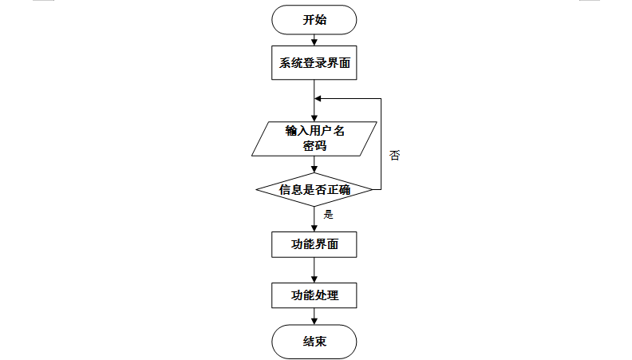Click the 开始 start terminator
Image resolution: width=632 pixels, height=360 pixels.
pos(314,21)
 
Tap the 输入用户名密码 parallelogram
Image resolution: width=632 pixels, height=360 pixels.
pos(314,138)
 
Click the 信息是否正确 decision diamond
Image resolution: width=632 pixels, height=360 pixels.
pos(314,189)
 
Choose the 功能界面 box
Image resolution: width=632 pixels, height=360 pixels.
pos(314,244)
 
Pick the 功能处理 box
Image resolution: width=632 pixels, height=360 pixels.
pos(314,295)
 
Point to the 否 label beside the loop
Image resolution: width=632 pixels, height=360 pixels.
pos(394,155)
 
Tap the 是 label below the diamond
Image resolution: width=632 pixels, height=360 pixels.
pos(328,214)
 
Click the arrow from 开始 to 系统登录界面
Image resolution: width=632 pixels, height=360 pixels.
pos(314,40)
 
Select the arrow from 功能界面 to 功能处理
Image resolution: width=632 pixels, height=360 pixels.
pos(314,270)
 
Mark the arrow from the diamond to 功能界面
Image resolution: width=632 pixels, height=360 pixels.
pos(314,219)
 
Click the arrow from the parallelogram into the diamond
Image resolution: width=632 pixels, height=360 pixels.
pos(314,164)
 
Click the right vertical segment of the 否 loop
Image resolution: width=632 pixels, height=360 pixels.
pos(381,144)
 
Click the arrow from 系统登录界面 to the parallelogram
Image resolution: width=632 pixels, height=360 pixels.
pos(314,100)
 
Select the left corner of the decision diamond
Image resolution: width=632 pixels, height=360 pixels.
pos(258,189)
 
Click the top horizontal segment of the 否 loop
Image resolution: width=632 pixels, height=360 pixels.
pos(351,99)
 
